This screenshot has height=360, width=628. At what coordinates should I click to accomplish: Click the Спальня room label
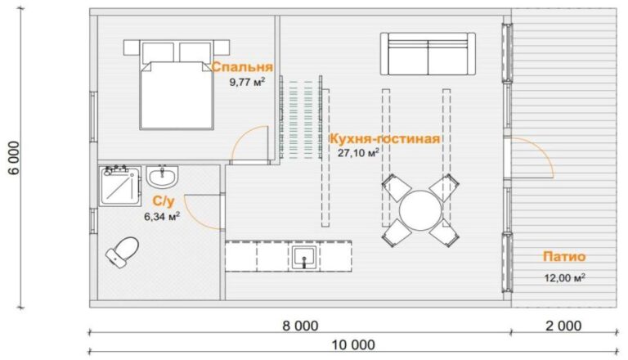tap(242, 67)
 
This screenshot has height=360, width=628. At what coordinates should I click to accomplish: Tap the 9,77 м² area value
tap(247, 82)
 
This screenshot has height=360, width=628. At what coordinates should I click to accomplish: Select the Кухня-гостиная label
tap(384, 139)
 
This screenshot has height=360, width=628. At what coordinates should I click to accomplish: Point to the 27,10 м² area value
tap(358, 153)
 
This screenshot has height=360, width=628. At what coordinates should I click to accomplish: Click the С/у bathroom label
tap(164, 201)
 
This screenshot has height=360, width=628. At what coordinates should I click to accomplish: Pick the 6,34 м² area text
tap(162, 217)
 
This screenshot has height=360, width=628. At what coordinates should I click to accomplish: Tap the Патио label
tap(564, 256)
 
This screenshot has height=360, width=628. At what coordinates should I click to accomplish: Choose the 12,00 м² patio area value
tap(565, 277)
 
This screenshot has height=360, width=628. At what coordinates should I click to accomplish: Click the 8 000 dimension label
tap(300, 326)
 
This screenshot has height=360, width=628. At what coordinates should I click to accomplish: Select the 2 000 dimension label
tap(563, 326)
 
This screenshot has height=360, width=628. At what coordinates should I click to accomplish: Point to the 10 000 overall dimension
tap(353, 344)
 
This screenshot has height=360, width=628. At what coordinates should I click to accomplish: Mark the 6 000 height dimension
tap(14, 158)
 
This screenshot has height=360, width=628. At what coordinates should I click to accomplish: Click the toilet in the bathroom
tap(122, 252)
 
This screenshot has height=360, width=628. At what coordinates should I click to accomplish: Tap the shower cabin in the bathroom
tap(119, 186)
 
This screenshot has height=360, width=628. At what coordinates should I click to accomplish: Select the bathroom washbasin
tap(162, 176)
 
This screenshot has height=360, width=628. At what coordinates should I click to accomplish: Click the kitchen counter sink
tap(304, 257)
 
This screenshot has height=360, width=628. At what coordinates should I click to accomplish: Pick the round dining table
tap(419, 210)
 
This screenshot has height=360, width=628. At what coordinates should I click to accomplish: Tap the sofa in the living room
tap(428, 54)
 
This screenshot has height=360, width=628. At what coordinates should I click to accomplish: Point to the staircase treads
tap(301, 119)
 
